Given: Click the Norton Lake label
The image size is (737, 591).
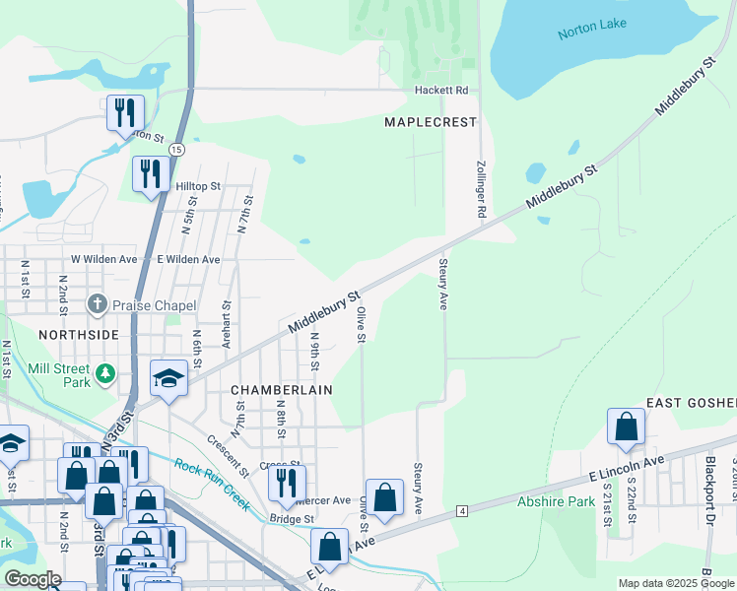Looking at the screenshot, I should click(x=592, y=33).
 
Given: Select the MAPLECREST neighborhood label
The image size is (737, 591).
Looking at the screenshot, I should click(x=430, y=122).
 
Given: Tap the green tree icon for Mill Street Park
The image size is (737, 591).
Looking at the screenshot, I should click(x=105, y=374).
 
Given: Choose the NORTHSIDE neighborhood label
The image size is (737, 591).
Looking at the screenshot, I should click(x=79, y=335).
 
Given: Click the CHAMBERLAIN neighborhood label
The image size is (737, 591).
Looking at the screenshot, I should click(x=281, y=390).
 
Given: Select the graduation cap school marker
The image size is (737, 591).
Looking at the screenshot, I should click(x=168, y=378).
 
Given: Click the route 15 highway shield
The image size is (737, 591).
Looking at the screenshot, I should click(x=176, y=149).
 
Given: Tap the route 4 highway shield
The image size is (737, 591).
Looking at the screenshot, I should click(x=461, y=510).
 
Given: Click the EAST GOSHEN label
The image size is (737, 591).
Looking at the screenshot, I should click(x=691, y=404).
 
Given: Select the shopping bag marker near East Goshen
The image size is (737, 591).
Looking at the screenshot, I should click(x=626, y=427).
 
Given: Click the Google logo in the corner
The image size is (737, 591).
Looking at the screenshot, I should click(x=33, y=579).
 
